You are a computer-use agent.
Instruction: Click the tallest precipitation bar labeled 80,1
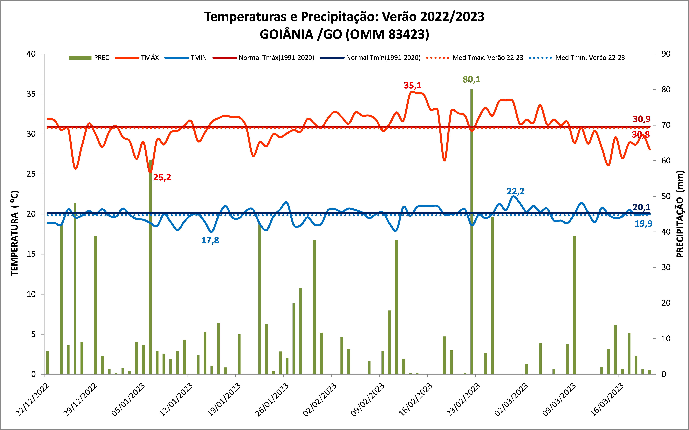[x=472, y=228]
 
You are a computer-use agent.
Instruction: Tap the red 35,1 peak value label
[x=412, y=85]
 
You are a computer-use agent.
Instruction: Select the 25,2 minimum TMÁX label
[x=162, y=177]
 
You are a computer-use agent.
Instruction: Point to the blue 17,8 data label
[x=210, y=240]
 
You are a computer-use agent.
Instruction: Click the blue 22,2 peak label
[x=515, y=191]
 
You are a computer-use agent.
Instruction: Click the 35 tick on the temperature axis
[x=31, y=94]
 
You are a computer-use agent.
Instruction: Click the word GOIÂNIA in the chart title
[x=287, y=34]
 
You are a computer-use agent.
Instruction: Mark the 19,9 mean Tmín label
[x=643, y=224]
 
